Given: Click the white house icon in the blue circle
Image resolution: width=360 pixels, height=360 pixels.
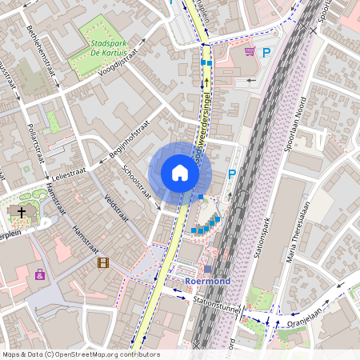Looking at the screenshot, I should (180, 173).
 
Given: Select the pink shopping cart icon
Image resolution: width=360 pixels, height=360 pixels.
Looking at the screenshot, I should (250, 52).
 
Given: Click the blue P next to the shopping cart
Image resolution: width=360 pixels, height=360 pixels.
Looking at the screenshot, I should (267, 53).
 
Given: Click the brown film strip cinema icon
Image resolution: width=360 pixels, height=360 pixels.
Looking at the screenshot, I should (102, 262).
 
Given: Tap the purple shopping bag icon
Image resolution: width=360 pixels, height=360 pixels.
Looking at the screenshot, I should (39, 274).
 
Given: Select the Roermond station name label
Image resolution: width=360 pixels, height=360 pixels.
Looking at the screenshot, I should (207, 282).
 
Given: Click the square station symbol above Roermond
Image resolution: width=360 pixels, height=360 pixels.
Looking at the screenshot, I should (208, 269).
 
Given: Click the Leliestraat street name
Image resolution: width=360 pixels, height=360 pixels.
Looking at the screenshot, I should (71, 173).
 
